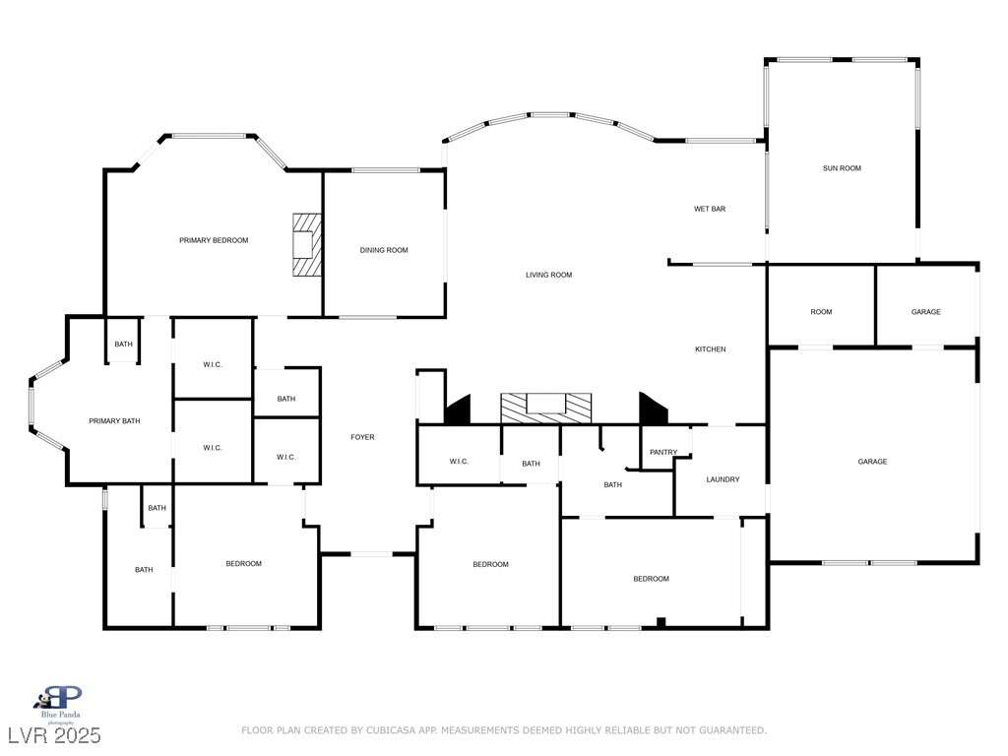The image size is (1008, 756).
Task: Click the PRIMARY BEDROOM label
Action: click(x=214, y=240)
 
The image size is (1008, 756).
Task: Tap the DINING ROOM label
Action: click(x=384, y=250)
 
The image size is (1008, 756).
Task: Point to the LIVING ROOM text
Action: click(x=549, y=275)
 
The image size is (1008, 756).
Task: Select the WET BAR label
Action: click(x=710, y=209)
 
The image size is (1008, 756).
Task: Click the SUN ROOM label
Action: click(x=842, y=168)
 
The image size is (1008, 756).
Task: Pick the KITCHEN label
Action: click(x=711, y=349)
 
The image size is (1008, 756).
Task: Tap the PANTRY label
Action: click(x=663, y=452)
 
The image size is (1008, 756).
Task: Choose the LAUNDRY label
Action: click(x=723, y=479)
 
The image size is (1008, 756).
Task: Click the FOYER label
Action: click(x=362, y=437)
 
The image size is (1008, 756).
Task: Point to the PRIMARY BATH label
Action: click(x=114, y=421)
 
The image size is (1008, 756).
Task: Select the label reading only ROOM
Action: click(x=821, y=312)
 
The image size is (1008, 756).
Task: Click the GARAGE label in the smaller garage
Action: click(x=925, y=312)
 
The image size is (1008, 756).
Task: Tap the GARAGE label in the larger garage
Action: click(x=872, y=462)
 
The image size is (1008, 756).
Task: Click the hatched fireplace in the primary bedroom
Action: click(x=307, y=245)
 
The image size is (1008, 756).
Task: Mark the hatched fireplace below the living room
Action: click(x=545, y=409)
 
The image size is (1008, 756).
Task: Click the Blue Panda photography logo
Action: click(x=60, y=705)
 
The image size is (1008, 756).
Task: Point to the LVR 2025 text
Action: click(x=54, y=735)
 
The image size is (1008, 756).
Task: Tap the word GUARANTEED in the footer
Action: click(x=732, y=730)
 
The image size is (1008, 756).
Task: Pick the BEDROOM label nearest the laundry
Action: click(x=652, y=579)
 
